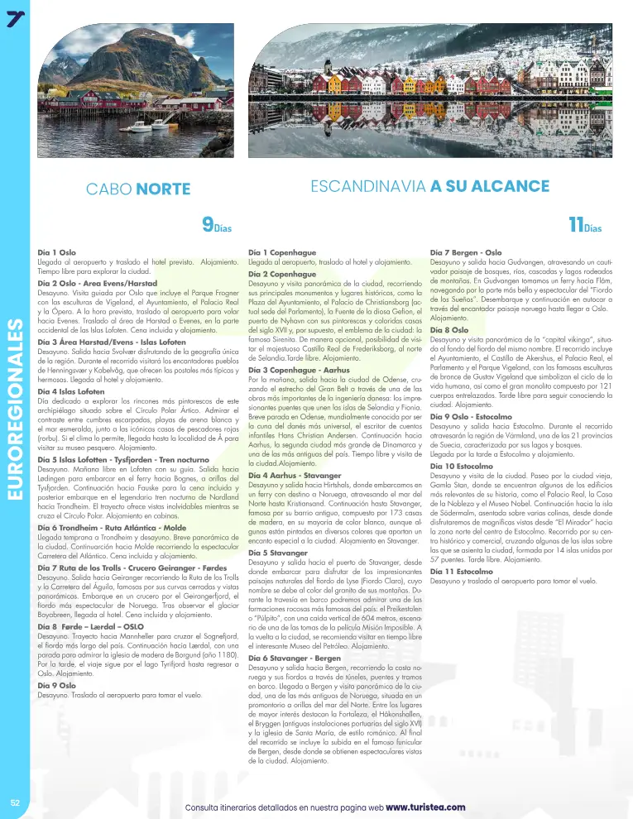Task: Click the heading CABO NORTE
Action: [x=138, y=189]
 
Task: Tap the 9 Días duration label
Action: [x=217, y=224]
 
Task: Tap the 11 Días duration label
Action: [x=584, y=224]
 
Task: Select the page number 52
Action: [x=15, y=802]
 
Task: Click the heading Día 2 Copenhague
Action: [x=279, y=274]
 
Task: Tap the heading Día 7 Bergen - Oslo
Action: [x=466, y=251]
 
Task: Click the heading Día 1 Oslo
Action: [x=57, y=251]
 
